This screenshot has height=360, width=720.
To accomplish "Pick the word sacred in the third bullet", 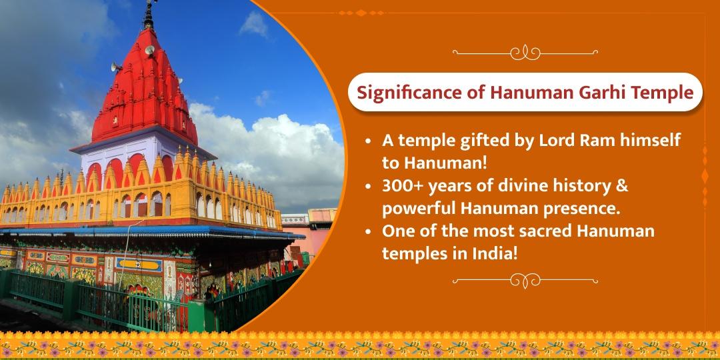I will tap(541, 231).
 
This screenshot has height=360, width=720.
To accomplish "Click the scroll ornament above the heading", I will tap(525, 51).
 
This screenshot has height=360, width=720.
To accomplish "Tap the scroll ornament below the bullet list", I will tap(525, 279).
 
